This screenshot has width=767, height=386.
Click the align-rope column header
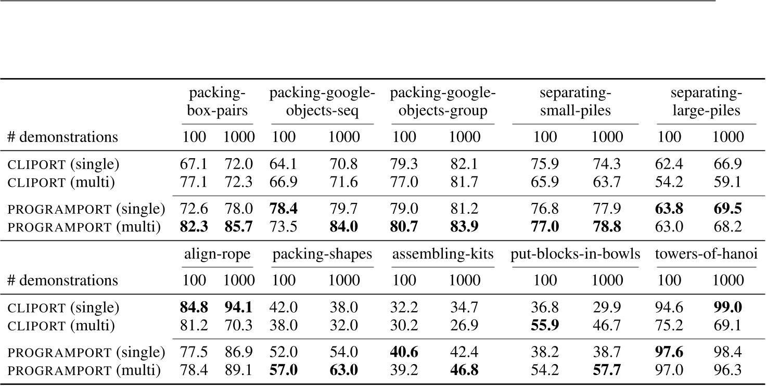218,255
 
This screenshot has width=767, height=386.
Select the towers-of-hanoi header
707,255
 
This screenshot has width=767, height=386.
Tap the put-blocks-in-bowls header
575,255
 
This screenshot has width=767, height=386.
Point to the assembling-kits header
443,255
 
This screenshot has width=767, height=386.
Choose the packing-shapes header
323,255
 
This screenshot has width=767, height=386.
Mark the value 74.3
608,164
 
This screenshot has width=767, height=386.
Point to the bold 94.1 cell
239,308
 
